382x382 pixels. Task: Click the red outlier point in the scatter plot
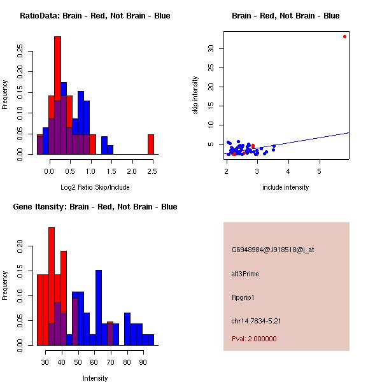pyautogui.click(x=344, y=36)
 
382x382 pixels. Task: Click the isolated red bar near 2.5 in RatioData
pyautogui.click(x=151, y=144)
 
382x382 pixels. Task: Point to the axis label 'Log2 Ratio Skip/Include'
pyautogui.click(x=94, y=187)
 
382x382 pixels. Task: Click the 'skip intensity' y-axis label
pyautogui.click(x=196, y=95)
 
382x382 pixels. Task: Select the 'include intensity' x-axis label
pyautogui.click(x=285, y=187)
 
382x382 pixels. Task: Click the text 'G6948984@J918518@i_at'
pyautogui.click(x=272, y=250)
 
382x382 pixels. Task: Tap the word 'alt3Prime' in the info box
pyautogui.click(x=245, y=274)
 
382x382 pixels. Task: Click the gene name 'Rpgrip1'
pyautogui.click(x=243, y=297)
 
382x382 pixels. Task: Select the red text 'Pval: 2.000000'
pyautogui.click(x=254, y=339)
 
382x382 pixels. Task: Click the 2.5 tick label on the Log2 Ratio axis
pyautogui.click(x=152, y=171)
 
